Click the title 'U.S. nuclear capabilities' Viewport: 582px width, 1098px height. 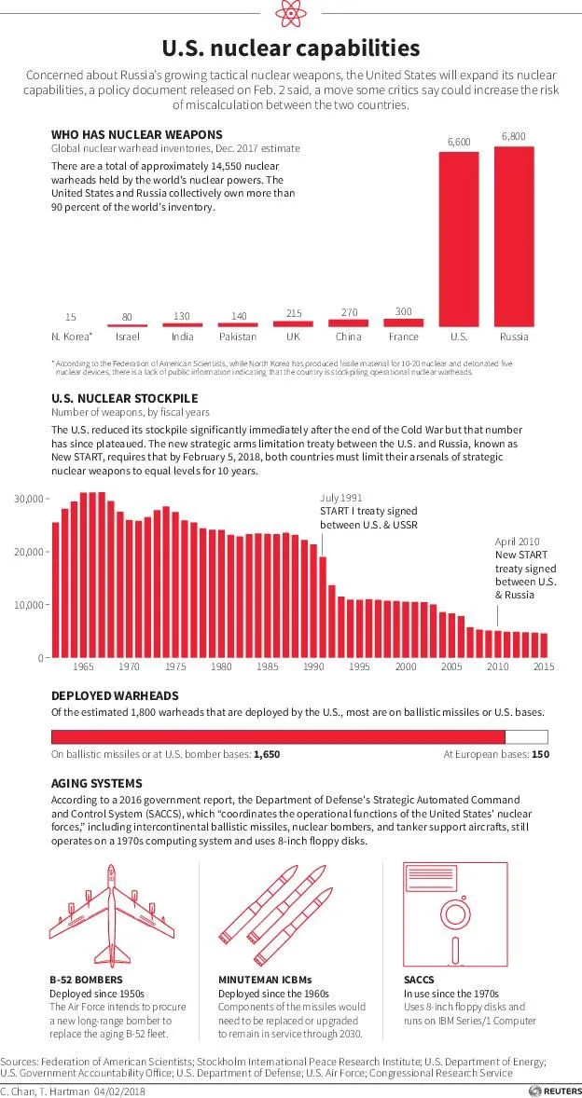[290, 48]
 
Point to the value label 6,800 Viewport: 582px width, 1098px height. [513, 136]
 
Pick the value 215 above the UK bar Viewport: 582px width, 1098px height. [294, 313]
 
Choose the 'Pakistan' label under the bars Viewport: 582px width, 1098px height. [238, 336]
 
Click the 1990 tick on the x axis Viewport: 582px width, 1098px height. [313, 667]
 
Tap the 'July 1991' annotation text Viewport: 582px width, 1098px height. [341, 499]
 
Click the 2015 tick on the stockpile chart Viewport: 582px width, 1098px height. [544, 667]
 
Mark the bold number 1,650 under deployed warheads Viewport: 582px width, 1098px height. [267, 755]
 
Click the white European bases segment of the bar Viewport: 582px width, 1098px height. [526, 736]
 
